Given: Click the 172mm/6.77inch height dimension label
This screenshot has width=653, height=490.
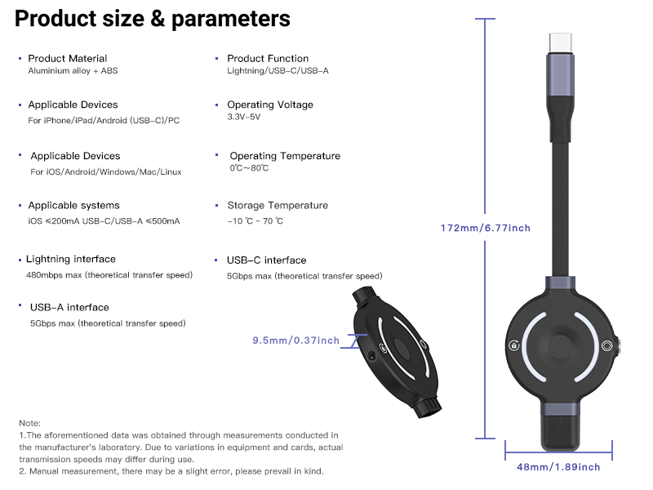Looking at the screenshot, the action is [x=486, y=228].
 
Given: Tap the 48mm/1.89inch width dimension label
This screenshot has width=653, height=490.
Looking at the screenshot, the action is [x=558, y=467].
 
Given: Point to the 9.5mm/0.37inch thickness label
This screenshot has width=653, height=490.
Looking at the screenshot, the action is [x=295, y=341].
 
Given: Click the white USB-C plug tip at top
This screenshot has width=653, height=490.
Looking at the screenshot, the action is [x=560, y=43].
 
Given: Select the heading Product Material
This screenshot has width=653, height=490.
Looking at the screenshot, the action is [x=68, y=58].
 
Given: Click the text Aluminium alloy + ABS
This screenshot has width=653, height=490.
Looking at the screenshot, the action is [x=73, y=71].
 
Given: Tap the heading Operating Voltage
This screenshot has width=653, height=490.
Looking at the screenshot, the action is [x=270, y=105].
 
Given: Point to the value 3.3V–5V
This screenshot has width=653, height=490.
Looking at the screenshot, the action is [x=243, y=117].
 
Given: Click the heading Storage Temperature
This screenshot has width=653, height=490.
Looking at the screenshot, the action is [x=278, y=206].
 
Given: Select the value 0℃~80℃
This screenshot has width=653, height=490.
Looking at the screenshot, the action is [x=249, y=168].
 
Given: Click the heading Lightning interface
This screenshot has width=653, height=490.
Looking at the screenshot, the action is [x=71, y=259].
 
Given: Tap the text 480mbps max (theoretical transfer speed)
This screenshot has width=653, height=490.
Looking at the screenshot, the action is [x=109, y=275].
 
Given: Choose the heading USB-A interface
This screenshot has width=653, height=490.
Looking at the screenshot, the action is [x=69, y=308].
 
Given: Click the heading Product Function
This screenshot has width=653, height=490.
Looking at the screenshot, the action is [x=268, y=58].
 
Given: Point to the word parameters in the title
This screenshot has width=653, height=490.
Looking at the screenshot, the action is [x=231, y=19].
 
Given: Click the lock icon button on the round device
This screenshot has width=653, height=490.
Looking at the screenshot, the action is [x=514, y=345].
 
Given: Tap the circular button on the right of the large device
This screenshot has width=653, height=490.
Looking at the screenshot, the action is [x=607, y=345].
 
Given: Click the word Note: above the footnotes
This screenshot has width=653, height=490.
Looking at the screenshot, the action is [x=29, y=423].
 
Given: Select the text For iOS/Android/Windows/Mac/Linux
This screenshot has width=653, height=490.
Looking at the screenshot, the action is [x=106, y=172].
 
